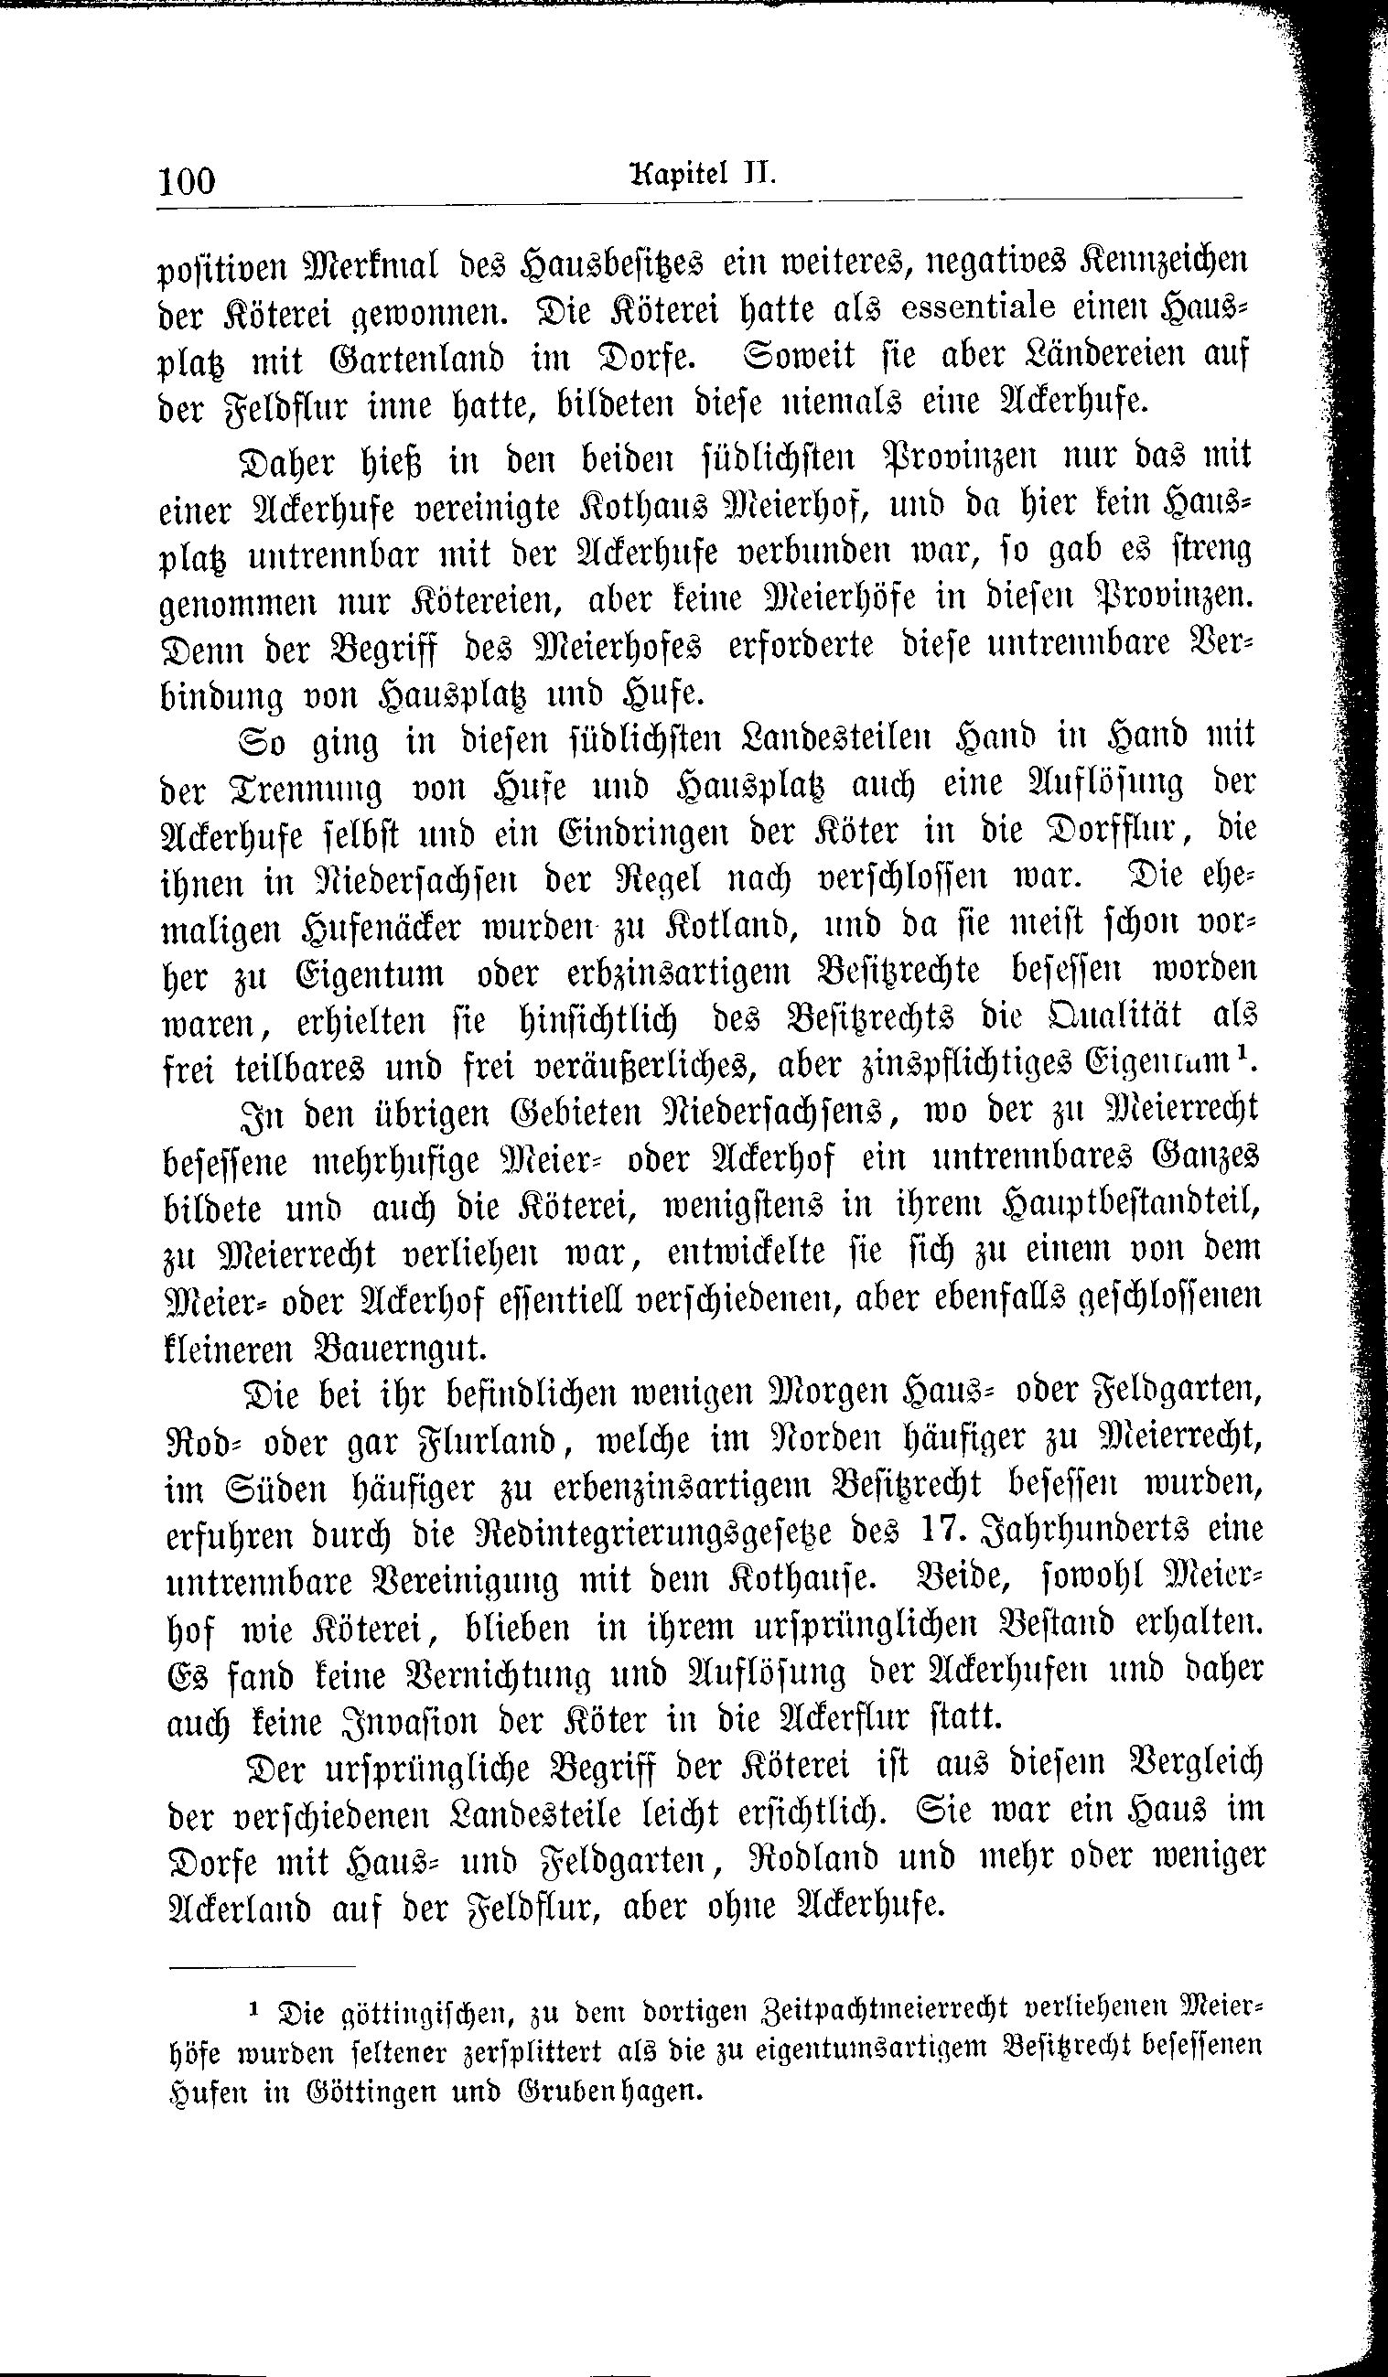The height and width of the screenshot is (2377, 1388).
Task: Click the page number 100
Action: [188, 180]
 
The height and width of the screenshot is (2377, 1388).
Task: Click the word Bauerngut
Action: [400, 1349]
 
